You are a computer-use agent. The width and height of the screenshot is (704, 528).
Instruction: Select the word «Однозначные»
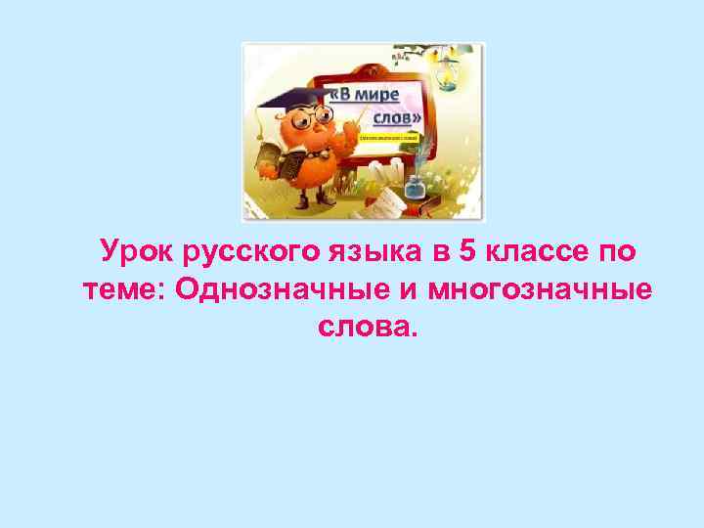257,289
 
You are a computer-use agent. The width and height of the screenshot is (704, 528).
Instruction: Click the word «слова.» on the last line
367,328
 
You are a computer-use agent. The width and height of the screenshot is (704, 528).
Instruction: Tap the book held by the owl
268,160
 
